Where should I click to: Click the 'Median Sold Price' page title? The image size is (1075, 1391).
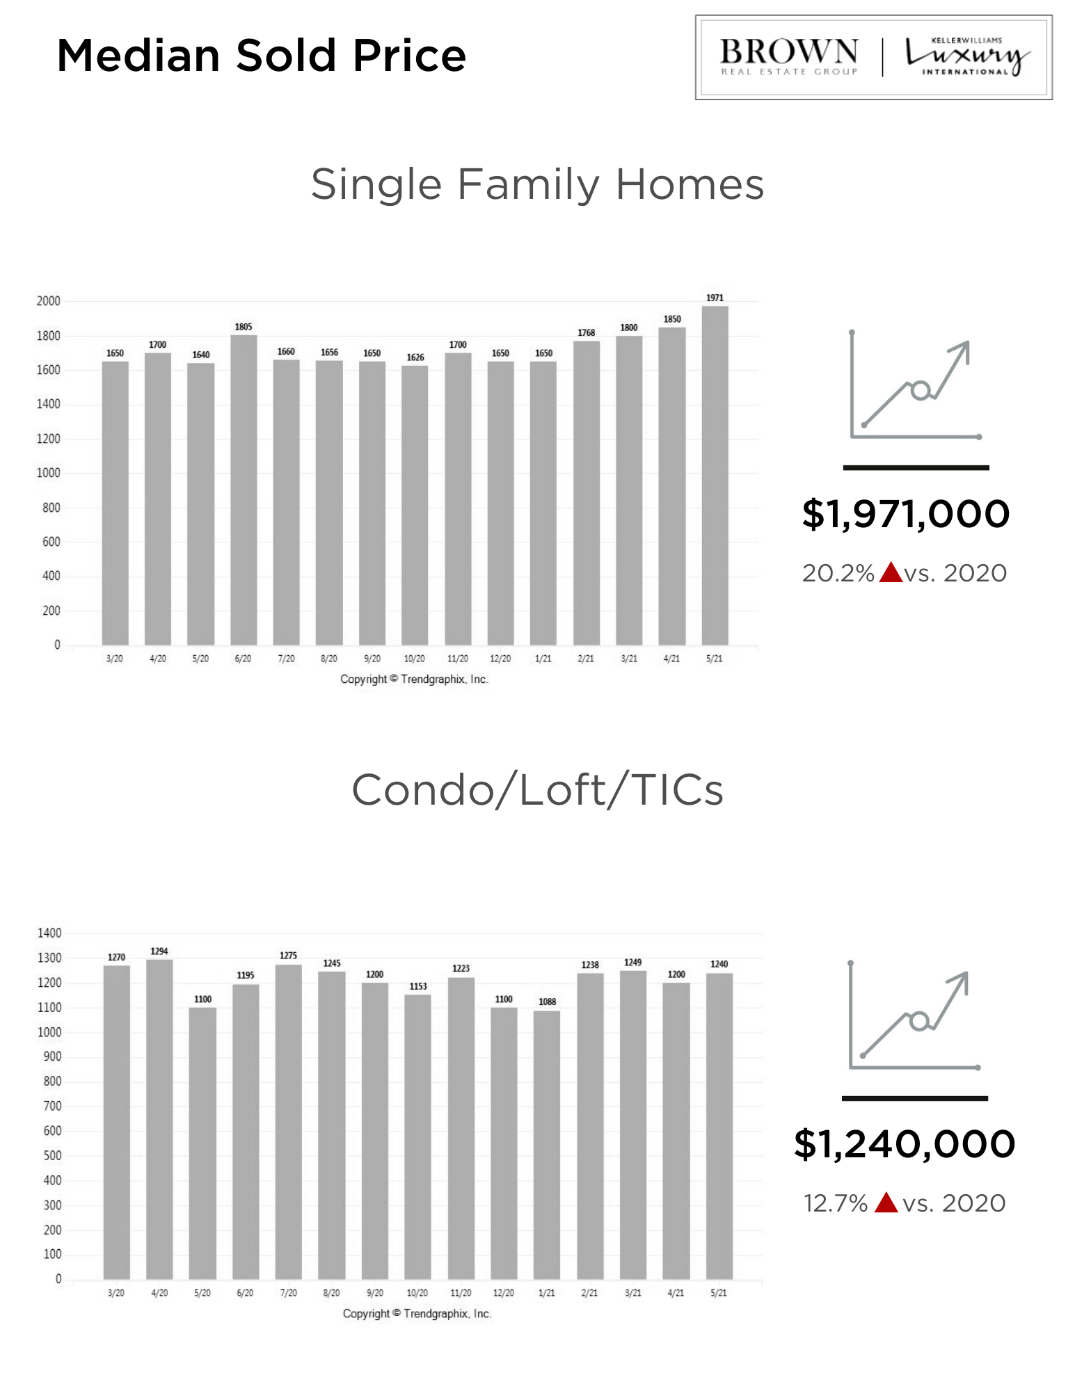pos(261,56)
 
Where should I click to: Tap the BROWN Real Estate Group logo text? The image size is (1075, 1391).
pos(788,56)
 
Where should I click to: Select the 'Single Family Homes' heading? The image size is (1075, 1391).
pos(537,185)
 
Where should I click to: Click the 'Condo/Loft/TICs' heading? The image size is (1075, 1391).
pos(537,790)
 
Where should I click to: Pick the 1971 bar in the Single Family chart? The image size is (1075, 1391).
pos(715,473)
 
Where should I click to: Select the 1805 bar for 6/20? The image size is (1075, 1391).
pos(244,487)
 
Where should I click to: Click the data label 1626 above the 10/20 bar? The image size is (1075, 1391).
pos(415,357)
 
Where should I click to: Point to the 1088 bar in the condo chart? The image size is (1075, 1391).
pos(547,1141)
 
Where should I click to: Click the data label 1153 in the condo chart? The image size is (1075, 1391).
pos(418,986)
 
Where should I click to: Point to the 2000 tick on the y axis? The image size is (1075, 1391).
pos(49,301)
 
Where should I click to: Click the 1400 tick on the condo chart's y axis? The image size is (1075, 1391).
pos(49,933)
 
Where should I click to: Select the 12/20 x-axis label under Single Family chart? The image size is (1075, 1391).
pos(500,659)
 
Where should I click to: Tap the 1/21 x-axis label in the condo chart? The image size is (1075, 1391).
pos(547,1293)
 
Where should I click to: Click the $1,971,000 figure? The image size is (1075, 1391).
pos(905,514)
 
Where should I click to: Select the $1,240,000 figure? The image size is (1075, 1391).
pos(905,1144)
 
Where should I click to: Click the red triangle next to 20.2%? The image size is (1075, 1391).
pos(891,573)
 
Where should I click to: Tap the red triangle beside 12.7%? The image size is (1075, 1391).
pos(886,1203)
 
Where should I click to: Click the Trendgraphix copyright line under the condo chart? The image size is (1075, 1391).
pos(417,1314)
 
